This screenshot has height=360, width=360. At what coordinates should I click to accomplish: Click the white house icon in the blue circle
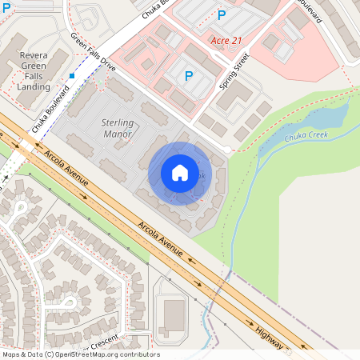tap(180, 173)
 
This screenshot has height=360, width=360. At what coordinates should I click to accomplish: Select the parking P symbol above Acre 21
tap(222, 14)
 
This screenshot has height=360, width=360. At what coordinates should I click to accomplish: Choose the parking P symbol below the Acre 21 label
tap(189, 76)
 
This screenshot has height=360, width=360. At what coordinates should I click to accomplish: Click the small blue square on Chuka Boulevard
tap(72, 76)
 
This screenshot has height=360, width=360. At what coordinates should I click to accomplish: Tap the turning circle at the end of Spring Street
tap(227, 150)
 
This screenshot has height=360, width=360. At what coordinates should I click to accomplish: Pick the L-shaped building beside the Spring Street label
tap(233, 95)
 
